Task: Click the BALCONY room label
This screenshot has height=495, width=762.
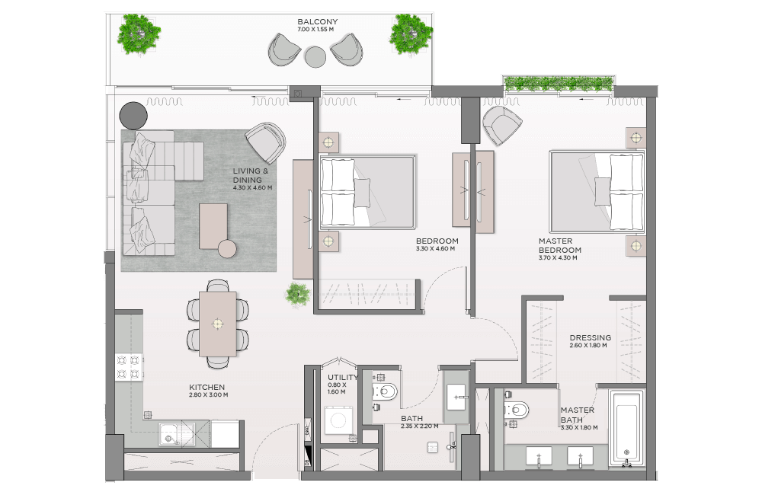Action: coord(317,22)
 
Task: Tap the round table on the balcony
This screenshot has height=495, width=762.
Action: coord(315,56)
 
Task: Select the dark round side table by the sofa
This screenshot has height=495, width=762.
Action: coord(133,116)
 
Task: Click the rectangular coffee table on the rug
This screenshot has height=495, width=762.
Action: coord(213,226)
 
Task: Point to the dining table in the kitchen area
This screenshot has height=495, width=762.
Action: coord(218,324)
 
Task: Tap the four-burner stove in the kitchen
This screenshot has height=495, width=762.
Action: coord(128,367)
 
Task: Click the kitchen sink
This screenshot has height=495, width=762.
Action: coord(177,433)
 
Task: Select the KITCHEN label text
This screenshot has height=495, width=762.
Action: coord(207,387)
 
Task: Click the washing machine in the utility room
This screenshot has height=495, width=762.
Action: coord(338,419)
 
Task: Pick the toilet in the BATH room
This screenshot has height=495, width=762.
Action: coord(384,391)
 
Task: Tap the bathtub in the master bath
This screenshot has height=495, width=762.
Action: coord(626,427)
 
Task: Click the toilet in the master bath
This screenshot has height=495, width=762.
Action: coord(517,410)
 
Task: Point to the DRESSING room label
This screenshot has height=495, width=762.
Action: coord(591,337)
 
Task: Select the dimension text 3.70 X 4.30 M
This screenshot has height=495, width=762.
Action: coord(558,258)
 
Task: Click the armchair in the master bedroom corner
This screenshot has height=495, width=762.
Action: coord(501,125)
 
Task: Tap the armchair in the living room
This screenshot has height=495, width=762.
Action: coord(265,142)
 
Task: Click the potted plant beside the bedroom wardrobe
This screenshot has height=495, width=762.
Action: coord(297,295)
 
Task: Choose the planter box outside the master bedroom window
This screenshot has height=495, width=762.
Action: coord(559,84)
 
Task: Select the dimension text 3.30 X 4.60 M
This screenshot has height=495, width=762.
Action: coord(435,249)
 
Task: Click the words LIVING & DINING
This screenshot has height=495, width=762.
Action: coord(250,175)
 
